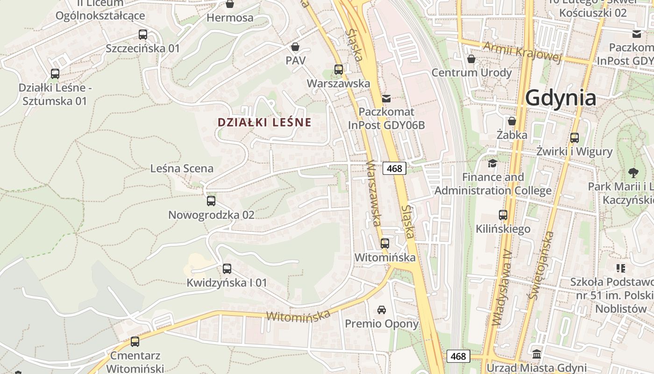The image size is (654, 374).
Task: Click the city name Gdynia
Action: click(561, 98)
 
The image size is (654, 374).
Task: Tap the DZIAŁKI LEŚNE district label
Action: click(264, 122)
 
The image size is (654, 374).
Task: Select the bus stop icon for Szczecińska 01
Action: click(143, 35)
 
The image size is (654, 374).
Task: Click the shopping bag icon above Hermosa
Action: click(230, 4)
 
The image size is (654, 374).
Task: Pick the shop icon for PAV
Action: click(295, 47)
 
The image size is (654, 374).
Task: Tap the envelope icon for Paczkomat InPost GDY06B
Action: click(386, 99)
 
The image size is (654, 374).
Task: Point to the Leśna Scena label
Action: click(182, 168)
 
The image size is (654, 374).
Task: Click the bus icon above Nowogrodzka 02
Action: click(211, 201)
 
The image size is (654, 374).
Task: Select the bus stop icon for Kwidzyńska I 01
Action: click(227, 269)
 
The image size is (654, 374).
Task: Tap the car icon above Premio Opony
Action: click(382, 309)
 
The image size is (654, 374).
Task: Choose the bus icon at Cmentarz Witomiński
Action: click(135, 342)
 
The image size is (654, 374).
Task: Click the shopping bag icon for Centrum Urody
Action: click(471, 59)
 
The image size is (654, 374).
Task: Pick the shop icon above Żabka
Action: click(512, 121)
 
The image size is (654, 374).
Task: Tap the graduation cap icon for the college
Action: click(492, 163)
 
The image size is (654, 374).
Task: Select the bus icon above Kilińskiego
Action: click(503, 215)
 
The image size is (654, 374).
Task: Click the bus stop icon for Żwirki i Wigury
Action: click(575, 138)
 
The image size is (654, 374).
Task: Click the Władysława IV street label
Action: click(502, 288)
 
